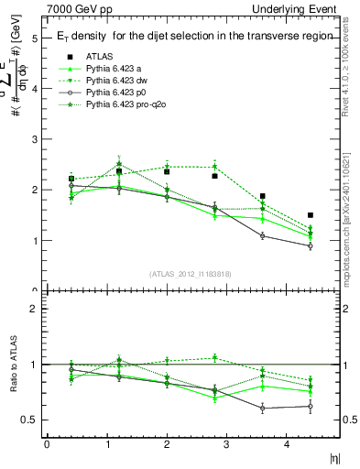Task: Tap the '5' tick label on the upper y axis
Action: click(34, 39)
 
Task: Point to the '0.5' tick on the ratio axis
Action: click(30, 420)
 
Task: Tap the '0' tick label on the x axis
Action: click(47, 445)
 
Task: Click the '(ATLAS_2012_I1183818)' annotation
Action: click(189, 274)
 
